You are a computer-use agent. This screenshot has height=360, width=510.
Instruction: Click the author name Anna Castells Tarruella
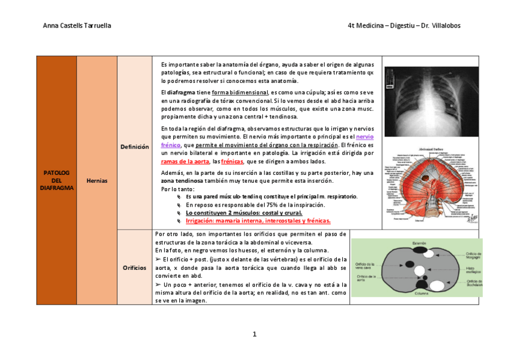(x=77, y=26)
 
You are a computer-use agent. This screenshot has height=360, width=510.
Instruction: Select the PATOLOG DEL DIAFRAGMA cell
(x=57, y=180)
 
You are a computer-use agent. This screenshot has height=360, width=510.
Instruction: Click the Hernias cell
(x=97, y=180)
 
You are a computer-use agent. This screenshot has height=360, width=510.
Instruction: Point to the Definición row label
(x=135, y=147)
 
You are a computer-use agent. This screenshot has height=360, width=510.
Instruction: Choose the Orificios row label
(x=135, y=267)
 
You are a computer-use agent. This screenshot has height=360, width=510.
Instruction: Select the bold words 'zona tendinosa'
(x=182, y=181)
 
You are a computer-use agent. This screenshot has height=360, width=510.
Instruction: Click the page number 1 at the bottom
(x=254, y=334)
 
